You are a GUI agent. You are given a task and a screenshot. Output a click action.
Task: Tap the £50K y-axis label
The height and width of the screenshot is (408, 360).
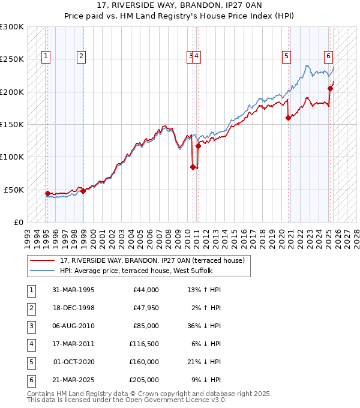[14, 190]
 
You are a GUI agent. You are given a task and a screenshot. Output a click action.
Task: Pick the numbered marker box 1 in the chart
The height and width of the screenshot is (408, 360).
[46, 57]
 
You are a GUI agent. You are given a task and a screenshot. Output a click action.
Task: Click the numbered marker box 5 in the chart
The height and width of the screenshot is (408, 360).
[286, 57]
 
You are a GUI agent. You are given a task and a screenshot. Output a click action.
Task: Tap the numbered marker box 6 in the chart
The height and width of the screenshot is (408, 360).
[329, 57]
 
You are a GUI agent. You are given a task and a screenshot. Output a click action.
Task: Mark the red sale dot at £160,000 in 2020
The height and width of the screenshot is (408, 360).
[289, 118]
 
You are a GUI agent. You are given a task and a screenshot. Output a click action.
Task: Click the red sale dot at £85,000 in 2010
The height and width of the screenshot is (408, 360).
[193, 167]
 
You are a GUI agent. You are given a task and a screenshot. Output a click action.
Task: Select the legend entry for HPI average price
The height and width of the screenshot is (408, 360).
[136, 271]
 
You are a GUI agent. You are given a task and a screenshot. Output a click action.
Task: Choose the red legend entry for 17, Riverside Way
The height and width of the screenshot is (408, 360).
[152, 260]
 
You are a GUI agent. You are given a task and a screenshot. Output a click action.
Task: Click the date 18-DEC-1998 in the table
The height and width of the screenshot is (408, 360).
[73, 308]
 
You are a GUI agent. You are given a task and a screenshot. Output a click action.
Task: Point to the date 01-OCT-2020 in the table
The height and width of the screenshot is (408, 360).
[73, 362]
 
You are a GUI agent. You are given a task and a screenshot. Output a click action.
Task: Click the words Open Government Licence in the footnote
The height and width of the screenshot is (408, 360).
[181, 400]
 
